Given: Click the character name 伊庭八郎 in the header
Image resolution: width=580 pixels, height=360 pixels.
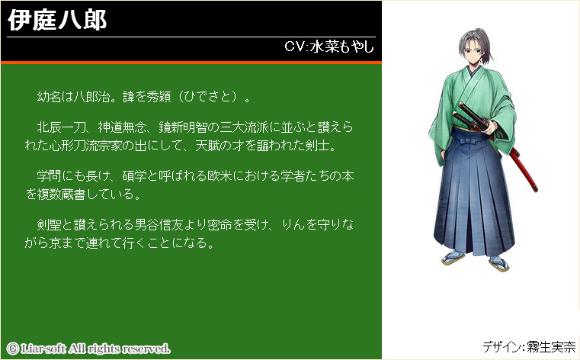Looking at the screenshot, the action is [57, 20].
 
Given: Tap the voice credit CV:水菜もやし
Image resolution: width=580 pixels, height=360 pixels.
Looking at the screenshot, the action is [329, 47].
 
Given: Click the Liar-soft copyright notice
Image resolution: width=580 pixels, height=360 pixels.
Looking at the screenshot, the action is [88, 349].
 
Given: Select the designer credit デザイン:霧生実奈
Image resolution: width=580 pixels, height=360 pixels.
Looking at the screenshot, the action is [529, 347].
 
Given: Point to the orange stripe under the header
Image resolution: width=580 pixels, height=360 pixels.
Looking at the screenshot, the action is [191, 63].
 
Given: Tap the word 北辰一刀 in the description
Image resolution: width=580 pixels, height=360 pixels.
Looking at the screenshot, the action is [62, 127].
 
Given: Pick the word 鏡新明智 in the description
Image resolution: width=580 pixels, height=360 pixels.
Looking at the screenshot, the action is [183, 127].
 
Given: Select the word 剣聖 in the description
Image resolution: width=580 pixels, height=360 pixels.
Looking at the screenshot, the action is [50, 224].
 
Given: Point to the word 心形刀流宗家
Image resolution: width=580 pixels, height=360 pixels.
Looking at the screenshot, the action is [86, 146].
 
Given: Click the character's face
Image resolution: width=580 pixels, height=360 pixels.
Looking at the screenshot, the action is [472, 52].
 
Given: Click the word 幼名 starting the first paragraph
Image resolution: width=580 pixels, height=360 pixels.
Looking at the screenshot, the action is [50, 97].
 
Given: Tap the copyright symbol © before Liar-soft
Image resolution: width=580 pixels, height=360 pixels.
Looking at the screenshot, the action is [13, 349].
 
